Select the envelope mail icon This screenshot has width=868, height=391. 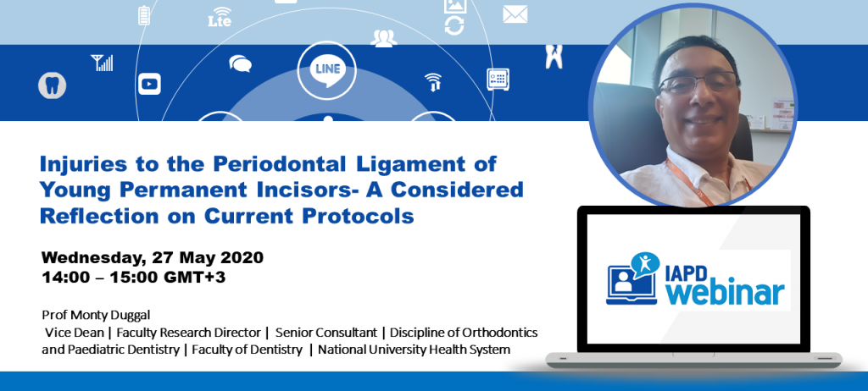(515, 14)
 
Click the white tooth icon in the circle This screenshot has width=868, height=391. (52, 85)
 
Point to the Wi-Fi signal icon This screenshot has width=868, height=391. (433, 81)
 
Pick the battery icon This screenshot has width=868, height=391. (143, 16)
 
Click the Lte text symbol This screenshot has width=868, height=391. (219, 19)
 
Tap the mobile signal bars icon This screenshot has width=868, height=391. (102, 62)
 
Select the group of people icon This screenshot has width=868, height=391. (383, 38)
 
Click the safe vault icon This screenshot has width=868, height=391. (498, 80)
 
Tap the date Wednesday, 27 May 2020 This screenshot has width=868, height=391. (153, 257)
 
